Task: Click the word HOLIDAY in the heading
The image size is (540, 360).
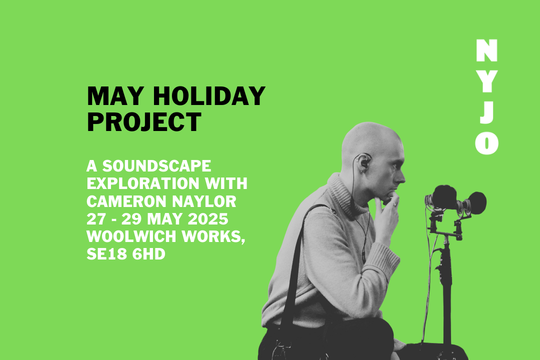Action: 209,96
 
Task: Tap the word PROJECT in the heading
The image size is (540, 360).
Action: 144,122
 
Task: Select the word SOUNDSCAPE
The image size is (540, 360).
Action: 156,166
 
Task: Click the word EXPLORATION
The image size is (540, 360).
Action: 142,183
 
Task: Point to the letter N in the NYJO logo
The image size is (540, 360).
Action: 486,50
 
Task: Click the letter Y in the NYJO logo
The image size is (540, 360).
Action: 486,81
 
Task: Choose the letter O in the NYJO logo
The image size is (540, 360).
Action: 486,143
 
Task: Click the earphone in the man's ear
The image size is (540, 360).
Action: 364,161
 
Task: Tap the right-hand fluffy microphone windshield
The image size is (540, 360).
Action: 476,203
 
